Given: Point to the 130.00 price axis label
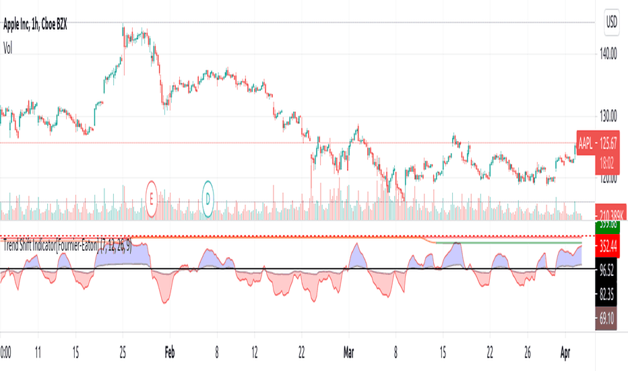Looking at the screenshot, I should tap(603, 115).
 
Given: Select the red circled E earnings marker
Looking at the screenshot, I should tap(152, 198).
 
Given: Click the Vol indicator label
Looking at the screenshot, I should tap(9, 48).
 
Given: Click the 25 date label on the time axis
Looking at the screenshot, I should tap(123, 351).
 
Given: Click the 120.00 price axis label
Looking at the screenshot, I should tap(603, 178).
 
